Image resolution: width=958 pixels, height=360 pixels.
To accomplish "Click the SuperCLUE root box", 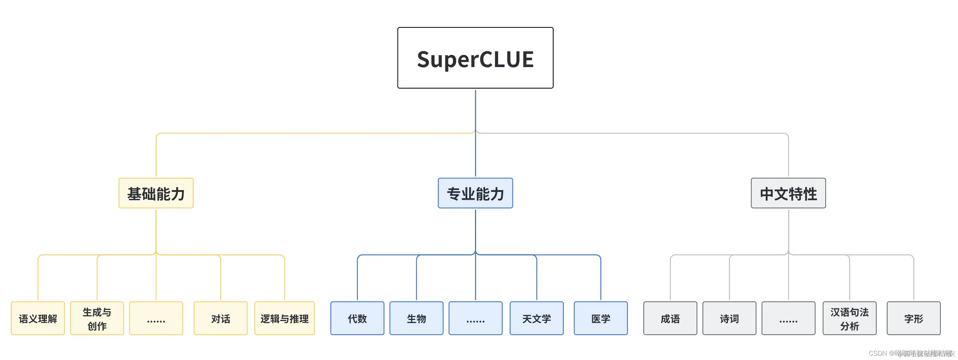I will coord(475,58).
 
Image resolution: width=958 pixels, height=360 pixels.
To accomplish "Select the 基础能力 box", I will coord(156,193).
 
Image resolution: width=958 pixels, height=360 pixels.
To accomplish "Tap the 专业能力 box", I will coord(475,193).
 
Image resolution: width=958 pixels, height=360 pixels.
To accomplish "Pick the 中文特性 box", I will coord(788,193).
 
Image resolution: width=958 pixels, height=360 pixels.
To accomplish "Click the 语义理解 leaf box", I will coord(38,319).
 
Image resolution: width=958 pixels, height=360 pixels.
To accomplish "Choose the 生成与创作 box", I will coord(97,319).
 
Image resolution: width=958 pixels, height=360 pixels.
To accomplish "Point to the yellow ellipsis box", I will coord(156,319).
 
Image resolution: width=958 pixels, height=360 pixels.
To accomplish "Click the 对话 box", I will coord(220,319).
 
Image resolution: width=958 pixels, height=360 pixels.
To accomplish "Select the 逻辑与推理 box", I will coord(284,319).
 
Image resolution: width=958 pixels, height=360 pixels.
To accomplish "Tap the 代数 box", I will coord(357,319).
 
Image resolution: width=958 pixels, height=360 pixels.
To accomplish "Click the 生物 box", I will coord(416,319).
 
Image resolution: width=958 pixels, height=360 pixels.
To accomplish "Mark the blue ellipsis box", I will coord(475,319).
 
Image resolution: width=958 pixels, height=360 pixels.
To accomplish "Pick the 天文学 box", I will coord(536,319).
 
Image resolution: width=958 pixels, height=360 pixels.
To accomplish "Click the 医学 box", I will coord(601,319).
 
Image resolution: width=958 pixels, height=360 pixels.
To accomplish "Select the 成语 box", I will coord(670,319).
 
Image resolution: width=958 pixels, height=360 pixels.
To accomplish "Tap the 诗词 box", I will coord(729,319).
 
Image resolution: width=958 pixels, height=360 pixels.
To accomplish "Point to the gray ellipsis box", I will coord(788,319).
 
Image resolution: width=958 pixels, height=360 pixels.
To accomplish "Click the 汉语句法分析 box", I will coord(849,319).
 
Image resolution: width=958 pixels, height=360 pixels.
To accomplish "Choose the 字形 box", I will coord(913,319).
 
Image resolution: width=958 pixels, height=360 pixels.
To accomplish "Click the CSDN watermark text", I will coord(911,353).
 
